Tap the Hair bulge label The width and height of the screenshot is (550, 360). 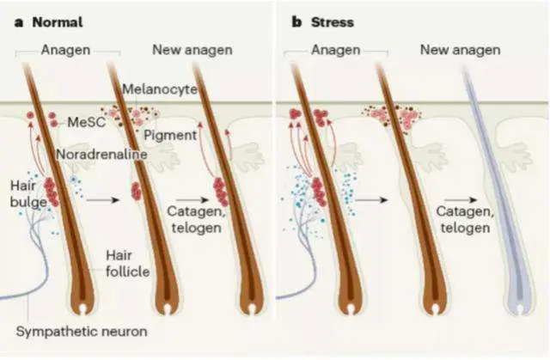coord(23,193)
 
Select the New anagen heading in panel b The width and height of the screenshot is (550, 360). coord(460,50)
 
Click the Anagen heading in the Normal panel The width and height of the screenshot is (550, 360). coord(65,50)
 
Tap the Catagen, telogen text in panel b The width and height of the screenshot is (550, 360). coord(461,219)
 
